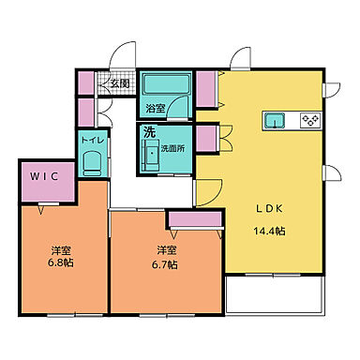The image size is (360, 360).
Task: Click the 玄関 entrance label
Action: (120, 83)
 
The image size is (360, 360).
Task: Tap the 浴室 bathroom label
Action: (156, 109)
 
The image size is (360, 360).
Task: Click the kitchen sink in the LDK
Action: (274, 120)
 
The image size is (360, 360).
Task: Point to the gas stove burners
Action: (309, 120)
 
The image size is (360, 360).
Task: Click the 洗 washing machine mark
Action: (148, 132)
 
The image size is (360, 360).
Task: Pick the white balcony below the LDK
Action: (274, 295)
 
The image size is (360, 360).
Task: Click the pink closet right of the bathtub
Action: (207, 88)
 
